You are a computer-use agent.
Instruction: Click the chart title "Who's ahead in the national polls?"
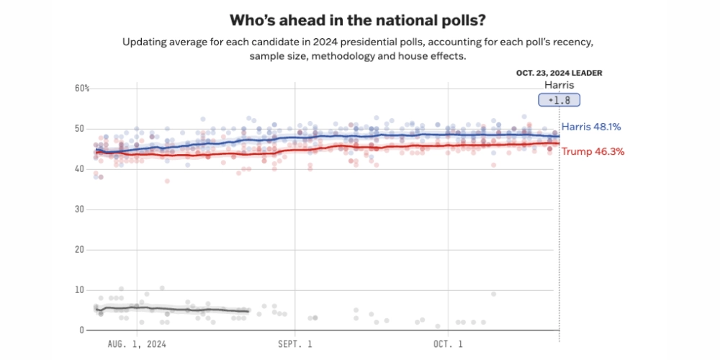(x=359, y=19)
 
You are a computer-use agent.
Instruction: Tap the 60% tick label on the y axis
(x=82, y=89)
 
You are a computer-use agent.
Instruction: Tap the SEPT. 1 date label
(x=295, y=344)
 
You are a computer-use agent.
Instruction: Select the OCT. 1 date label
(x=449, y=344)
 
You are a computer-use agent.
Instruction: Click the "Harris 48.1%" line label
(x=591, y=127)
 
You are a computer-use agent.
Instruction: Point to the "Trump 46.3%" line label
(x=593, y=152)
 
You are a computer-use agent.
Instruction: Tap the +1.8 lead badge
(x=560, y=101)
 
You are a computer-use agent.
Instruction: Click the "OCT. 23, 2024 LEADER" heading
(x=559, y=73)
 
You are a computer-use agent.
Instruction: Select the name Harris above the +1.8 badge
(x=559, y=85)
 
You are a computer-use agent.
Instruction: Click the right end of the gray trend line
(x=248, y=311)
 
